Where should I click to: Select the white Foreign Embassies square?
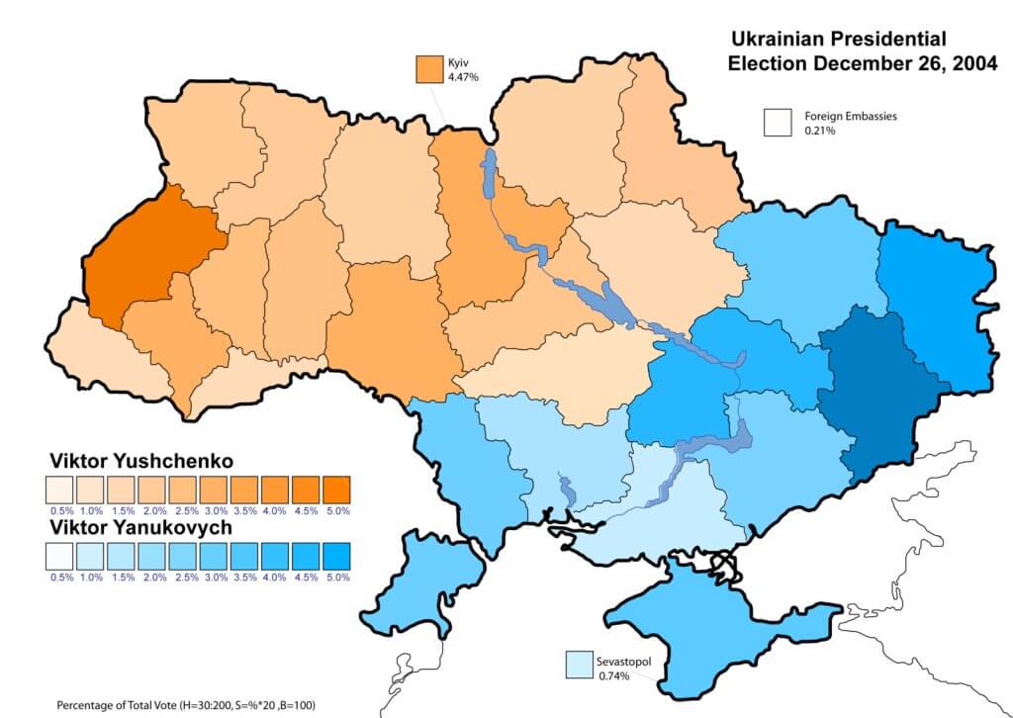(778, 122)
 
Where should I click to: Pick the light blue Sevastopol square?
(580, 665)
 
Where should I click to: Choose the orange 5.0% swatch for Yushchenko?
(337, 490)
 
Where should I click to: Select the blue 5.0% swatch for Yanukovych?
(337, 557)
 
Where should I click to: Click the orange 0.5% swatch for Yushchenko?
(59, 490)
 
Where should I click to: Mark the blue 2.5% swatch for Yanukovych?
(183, 557)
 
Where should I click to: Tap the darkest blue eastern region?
(871, 396)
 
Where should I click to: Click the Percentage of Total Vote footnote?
(188, 704)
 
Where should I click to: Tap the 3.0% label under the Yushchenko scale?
(214, 510)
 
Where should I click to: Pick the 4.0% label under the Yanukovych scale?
(276, 578)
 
